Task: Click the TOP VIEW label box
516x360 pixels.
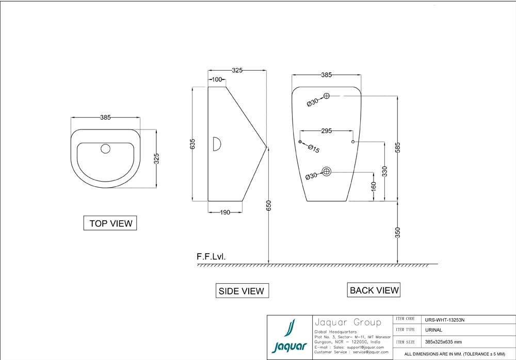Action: click(110, 223)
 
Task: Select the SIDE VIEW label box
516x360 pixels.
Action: click(242, 291)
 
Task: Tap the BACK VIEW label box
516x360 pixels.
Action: click(374, 290)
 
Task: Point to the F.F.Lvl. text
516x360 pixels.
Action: click(211, 256)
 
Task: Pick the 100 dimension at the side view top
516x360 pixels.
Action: click(217, 79)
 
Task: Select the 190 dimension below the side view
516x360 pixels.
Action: click(225, 211)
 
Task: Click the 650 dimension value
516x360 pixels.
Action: click(268, 205)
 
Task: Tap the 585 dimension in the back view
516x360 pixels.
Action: click(397, 148)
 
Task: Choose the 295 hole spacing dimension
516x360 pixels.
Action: click(327, 131)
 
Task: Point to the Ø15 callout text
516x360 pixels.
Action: click(314, 149)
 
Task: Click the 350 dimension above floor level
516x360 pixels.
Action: click(397, 232)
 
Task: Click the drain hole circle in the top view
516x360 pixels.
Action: click(106, 149)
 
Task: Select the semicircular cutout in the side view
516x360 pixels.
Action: click(217, 143)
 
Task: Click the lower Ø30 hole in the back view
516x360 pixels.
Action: click(327, 171)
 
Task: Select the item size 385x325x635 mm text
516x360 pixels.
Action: click(444, 342)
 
